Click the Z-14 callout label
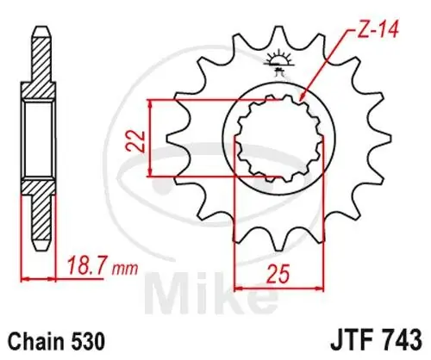tap(377, 30)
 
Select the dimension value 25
tap(278, 273)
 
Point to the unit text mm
tap(125, 269)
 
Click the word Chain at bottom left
tap(36, 341)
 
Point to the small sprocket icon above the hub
tap(278, 63)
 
